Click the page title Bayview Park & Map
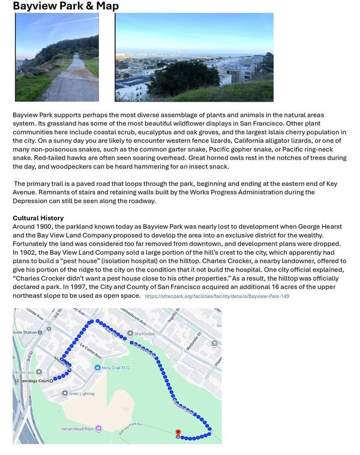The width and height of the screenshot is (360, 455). click(65, 6)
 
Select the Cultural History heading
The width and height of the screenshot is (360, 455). click(38, 218)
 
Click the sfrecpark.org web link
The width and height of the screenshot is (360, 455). click(217, 296)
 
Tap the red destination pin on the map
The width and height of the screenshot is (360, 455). click(178, 432)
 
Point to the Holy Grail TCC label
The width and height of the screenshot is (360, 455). click(116, 367)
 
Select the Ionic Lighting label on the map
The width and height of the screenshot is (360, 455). click(82, 394)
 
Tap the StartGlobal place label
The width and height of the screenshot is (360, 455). click(145, 333)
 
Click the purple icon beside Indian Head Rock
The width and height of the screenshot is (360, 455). click(100, 429)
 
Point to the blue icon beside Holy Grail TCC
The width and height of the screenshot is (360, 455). click(97, 367)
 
